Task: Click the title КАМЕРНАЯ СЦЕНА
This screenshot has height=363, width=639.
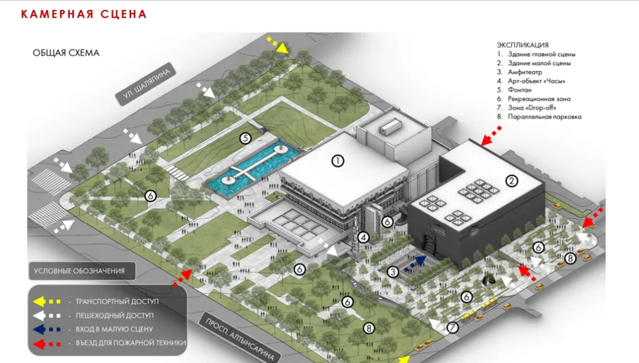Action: coord(84,14)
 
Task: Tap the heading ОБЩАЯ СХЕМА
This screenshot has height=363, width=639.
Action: coord(66,52)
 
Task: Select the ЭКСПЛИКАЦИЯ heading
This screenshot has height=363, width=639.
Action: coord(523,45)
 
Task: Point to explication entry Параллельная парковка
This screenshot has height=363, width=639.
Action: coord(544,117)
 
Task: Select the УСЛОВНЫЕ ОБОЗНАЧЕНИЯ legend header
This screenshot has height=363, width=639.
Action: coord(79,271)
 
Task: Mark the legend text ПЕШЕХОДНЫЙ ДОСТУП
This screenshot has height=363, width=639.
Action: coord(114,315)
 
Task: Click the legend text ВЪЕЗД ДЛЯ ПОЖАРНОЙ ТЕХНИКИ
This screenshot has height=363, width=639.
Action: coord(130,342)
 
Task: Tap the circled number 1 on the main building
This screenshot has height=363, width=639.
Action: coord(338,161)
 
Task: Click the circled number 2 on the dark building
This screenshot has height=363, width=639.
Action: coord(512,181)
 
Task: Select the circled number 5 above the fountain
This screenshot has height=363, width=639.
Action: coord(245,138)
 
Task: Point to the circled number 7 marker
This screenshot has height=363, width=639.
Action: coord(453,327)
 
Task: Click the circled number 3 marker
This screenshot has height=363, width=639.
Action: coord(393,272)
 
